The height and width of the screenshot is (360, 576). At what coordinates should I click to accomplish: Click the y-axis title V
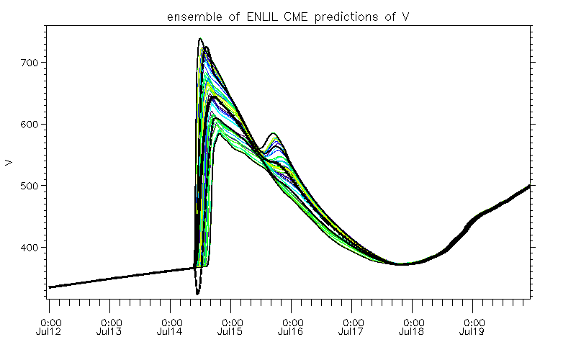point(9,163)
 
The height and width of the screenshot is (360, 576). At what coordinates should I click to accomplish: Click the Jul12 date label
point(50,332)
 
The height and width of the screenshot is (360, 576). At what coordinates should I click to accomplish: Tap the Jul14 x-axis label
point(171,332)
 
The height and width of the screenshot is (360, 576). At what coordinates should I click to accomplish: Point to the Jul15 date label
point(231,332)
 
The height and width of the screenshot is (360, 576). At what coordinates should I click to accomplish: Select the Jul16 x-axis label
point(292,332)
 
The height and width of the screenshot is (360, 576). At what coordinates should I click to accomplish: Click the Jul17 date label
point(352,332)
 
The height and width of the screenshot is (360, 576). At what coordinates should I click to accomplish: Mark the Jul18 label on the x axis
point(413,332)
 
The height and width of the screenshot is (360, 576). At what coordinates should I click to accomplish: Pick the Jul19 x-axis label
point(473,332)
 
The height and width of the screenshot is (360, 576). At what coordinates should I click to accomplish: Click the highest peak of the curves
point(200,39)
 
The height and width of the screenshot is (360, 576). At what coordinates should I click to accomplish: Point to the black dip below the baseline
point(197,293)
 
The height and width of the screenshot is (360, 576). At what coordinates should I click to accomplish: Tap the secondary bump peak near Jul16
point(274,134)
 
